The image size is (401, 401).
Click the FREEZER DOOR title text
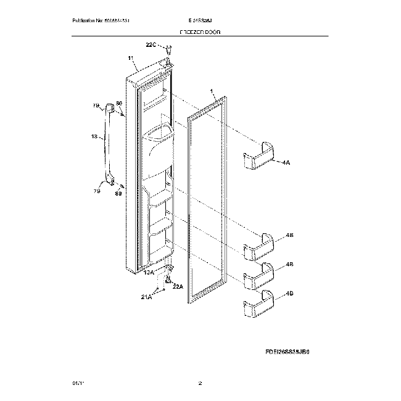(x=200, y=31)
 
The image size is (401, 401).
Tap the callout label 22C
(x=151, y=44)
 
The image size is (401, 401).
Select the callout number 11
(x=131, y=59)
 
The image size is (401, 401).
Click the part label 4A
(x=286, y=162)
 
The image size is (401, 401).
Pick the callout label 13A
(x=149, y=271)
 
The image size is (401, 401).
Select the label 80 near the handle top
(x=119, y=103)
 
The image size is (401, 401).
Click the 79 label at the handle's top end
(x=96, y=106)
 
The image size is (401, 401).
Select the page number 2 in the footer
(x=200, y=384)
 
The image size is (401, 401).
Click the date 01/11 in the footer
(x=77, y=384)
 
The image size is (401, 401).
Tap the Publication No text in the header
(x=101, y=20)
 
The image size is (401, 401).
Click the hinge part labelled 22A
(x=167, y=281)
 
